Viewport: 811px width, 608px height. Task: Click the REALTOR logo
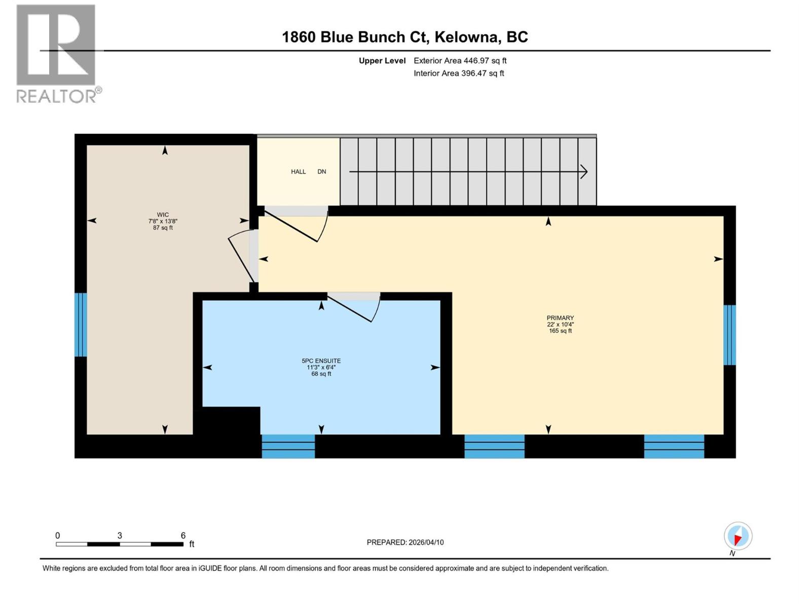click(56, 53)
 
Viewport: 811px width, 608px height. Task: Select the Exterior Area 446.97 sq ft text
click(460, 61)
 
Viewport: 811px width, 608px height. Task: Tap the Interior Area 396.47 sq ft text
click(459, 73)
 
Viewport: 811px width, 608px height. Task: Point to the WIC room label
click(163, 215)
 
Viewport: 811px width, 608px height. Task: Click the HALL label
click(298, 172)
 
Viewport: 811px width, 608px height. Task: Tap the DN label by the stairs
click(322, 172)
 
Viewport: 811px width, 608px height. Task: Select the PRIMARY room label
click(560, 318)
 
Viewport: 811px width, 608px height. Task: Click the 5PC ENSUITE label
click(321, 361)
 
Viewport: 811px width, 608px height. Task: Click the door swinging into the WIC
click(242, 256)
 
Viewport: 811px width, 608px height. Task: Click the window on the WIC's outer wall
click(81, 325)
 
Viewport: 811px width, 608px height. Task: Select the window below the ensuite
click(288, 446)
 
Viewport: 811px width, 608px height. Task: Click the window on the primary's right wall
click(729, 335)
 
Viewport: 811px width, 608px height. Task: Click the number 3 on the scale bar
click(120, 536)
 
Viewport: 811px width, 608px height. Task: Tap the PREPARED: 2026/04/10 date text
click(405, 542)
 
